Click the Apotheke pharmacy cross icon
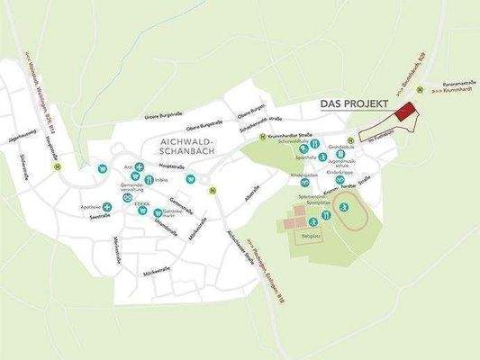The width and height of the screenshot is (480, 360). (x=107, y=207)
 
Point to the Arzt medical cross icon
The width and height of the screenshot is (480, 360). (x=139, y=166)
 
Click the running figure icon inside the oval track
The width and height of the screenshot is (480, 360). (x=343, y=207)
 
